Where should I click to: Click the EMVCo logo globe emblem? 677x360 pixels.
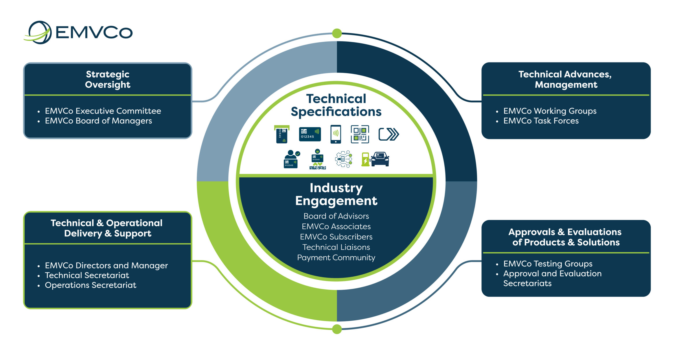(39, 32)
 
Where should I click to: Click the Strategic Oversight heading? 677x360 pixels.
(108, 79)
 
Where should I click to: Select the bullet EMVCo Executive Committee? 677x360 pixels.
(103, 111)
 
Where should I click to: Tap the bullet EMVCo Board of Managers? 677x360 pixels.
(98, 121)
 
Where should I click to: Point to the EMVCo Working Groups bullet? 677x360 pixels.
(550, 111)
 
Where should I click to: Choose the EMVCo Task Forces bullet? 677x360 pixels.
(541, 121)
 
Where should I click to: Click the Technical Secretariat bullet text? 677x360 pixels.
(87, 275)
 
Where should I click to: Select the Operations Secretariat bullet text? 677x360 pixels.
(90, 285)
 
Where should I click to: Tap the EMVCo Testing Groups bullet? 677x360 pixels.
(548, 264)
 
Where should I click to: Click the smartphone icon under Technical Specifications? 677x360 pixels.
(336, 134)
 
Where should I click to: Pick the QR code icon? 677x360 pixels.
(360, 134)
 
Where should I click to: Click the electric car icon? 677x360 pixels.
(380, 159)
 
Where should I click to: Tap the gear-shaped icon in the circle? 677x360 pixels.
(343, 159)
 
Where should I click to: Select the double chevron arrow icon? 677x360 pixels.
(389, 134)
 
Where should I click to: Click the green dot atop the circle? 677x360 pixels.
(337, 33)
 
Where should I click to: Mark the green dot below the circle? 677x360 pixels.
(337, 329)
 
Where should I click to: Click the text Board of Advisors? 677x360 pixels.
(336, 216)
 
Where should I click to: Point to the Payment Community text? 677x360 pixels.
(336, 258)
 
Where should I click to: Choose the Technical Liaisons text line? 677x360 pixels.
(336, 247)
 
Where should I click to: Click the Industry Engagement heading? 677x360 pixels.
(336, 194)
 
